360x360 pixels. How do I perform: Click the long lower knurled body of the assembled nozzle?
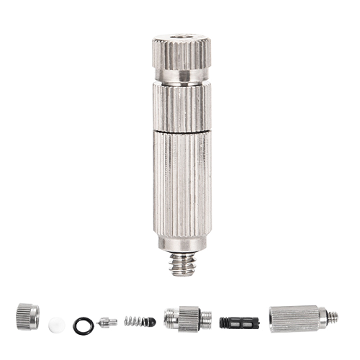tap(181, 187)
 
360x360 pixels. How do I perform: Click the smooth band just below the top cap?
tap(180, 76)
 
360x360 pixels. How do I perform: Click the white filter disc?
tap(55, 325)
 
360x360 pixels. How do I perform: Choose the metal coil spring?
tap(133, 321)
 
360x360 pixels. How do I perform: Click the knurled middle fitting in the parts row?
tap(189, 318)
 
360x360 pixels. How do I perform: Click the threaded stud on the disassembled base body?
tap(332, 317)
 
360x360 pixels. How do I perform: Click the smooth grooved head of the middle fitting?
tap(170, 318)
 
